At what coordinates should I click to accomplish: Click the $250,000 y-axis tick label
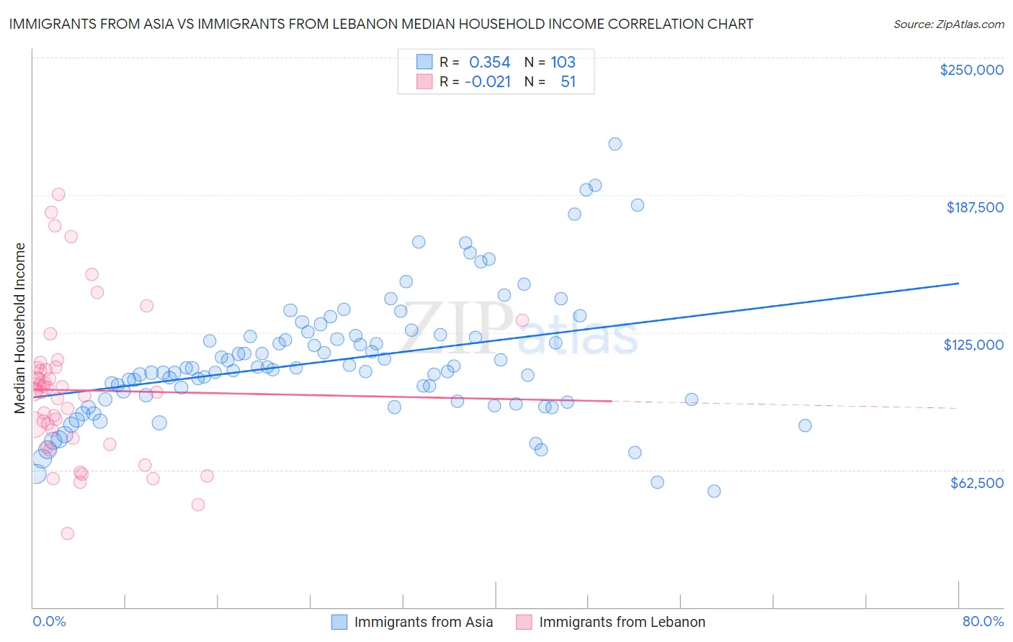coord(971,70)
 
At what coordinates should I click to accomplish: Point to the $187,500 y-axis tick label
coord(974,207)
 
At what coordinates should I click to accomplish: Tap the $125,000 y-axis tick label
coord(973,345)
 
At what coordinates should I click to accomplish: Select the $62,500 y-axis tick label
coord(976,483)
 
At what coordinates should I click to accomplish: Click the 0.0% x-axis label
coord(49,621)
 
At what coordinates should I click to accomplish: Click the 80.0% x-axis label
coord(983,621)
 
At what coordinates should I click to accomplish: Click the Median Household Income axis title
coord(20,328)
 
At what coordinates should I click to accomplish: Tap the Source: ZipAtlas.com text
coord(948,24)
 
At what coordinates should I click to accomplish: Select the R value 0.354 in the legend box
coord(489,63)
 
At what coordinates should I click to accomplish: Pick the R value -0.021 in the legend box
coord(488,82)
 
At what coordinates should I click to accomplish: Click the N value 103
coord(563,63)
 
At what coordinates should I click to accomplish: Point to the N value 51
coord(568,82)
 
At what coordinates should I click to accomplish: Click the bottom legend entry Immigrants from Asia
coord(424,622)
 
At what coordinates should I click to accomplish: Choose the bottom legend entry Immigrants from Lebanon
coord(622,622)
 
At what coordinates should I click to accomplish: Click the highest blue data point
coord(615,144)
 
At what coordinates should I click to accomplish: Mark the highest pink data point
coord(58,194)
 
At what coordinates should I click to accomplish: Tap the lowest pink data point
coord(67,533)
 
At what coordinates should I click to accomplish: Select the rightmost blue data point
coord(805,425)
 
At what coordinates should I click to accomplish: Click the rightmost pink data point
coord(522,320)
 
